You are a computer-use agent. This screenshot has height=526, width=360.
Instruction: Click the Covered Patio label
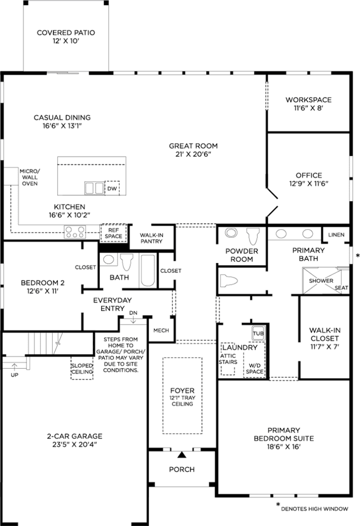pos(66,37)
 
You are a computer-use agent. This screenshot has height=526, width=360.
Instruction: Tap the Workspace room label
pos(309,99)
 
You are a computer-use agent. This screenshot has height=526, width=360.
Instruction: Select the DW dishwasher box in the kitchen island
pos(112,188)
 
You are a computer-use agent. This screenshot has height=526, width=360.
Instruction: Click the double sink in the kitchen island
pos(94,188)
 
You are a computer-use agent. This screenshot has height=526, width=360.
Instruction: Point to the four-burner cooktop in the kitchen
pos(75,232)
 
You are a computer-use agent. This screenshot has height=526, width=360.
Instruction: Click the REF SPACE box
pos(113,233)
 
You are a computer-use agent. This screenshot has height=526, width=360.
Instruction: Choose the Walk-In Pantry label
pos(151,238)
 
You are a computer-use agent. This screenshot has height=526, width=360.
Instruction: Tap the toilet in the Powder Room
pos(253,236)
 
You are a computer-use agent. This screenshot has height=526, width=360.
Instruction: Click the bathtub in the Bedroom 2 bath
pos(148,271)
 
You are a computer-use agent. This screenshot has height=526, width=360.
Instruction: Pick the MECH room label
pos(161,330)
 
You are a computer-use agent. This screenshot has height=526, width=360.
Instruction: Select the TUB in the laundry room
pos(258,333)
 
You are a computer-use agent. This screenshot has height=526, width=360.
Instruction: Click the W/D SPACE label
pos(254,368)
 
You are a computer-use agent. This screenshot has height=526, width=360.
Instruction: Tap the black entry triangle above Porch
pos(182,455)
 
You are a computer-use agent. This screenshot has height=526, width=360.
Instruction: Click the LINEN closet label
pos(336,234)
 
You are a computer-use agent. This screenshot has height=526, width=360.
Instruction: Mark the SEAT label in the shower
pos(341,288)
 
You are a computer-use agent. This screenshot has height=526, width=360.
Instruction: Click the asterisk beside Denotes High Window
pos(278,504)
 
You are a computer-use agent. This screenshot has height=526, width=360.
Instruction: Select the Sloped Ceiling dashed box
pos(82,368)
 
